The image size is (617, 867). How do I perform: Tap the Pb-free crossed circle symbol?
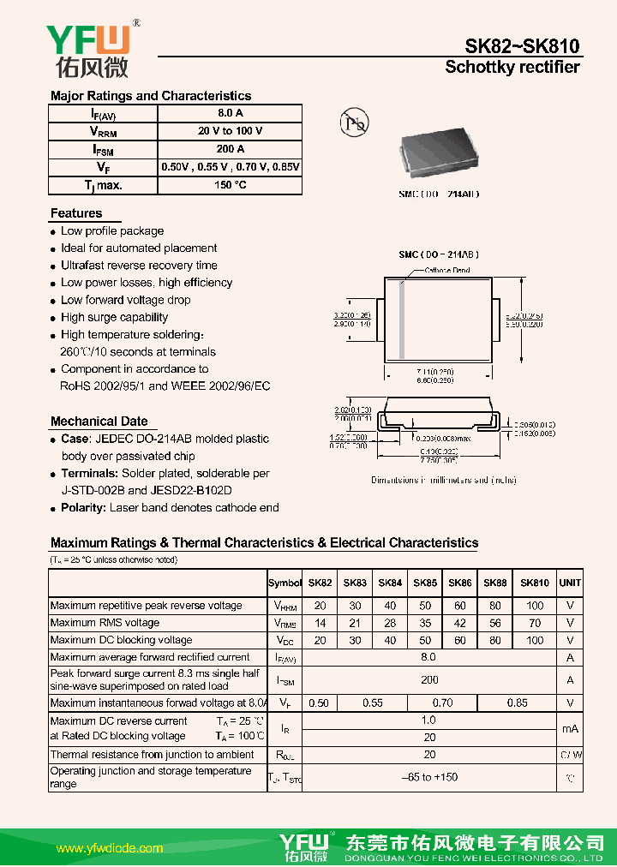point(353,123)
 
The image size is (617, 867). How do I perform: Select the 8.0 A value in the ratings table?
point(231,113)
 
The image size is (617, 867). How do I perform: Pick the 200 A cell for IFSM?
point(231,149)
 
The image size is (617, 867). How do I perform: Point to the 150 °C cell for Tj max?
point(231,185)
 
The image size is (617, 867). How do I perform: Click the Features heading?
point(76,213)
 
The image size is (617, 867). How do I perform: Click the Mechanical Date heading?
point(99,421)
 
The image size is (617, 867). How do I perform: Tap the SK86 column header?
point(460,583)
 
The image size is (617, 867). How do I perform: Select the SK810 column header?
point(535,583)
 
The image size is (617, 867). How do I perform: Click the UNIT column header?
point(570,583)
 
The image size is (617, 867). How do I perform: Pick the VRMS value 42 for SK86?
point(460,623)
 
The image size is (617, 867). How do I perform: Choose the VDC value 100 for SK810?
point(535,640)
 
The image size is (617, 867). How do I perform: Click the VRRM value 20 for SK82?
point(320,605)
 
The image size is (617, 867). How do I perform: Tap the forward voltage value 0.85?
point(518,703)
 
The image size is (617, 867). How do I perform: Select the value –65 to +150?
point(429,777)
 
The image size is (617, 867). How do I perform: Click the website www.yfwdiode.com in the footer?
point(109,848)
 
